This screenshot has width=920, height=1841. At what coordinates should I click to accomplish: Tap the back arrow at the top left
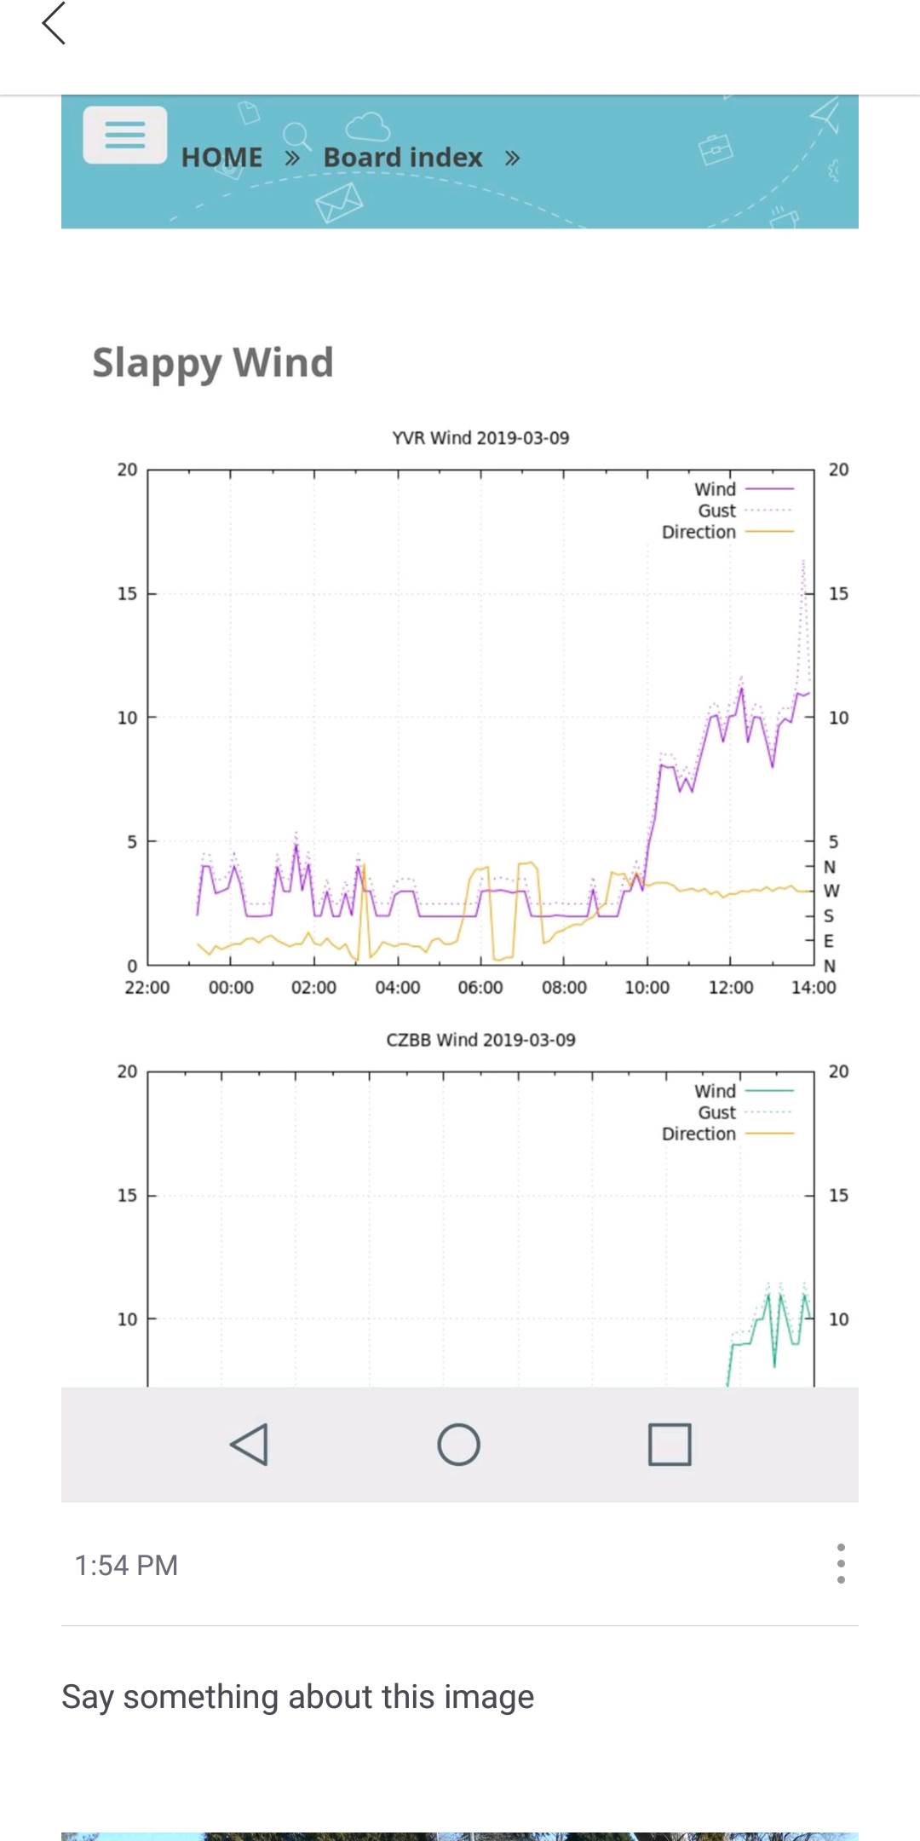point(54,23)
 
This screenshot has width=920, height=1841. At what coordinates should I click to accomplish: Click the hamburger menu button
point(124,135)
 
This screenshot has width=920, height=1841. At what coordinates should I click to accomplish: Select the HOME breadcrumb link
point(221,158)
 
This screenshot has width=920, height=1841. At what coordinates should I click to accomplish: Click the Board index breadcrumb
point(403,158)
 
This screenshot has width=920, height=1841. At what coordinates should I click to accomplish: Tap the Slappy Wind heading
point(213,362)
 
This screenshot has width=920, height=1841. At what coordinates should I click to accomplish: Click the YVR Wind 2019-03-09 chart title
point(480,438)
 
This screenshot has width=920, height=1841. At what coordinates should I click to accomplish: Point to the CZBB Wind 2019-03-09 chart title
point(480,1040)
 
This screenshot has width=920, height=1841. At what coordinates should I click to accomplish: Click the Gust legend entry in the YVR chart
point(717,511)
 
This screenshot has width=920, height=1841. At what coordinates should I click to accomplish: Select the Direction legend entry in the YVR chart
point(699,532)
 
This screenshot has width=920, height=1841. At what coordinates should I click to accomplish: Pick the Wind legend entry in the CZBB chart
point(716,1091)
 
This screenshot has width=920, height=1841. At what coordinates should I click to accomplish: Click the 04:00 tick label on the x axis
point(398,988)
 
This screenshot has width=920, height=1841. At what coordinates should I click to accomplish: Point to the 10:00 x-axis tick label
point(647,988)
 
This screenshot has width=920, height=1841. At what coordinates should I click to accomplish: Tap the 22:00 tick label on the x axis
point(147,988)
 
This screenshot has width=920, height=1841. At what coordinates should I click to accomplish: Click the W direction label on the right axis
point(831,891)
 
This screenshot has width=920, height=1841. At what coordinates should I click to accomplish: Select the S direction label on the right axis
point(829,916)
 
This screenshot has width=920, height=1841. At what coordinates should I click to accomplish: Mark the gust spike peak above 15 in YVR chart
point(803,563)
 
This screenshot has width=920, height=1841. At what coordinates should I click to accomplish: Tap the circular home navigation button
point(458,1445)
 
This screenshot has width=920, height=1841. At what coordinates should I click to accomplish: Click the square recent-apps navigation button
point(670,1445)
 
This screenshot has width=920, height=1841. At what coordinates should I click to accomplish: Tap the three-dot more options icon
point(841,1564)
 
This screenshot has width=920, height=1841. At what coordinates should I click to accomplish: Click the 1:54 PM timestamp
point(126,1566)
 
